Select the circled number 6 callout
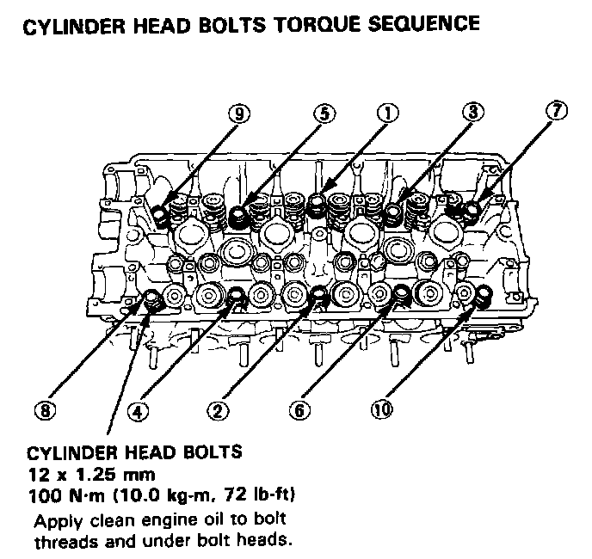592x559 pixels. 299,410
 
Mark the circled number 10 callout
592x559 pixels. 380,410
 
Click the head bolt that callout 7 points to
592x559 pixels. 471,209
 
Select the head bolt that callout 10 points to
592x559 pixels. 482,296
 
